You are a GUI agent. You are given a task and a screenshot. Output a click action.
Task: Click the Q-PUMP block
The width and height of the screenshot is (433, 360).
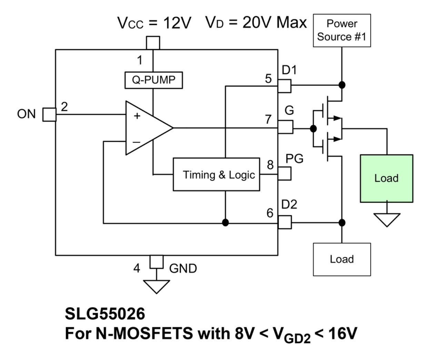click(x=153, y=80)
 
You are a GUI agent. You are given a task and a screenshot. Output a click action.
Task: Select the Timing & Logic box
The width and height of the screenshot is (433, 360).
click(x=216, y=174)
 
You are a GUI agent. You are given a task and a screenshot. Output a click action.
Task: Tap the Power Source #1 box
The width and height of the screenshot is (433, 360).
click(x=342, y=30)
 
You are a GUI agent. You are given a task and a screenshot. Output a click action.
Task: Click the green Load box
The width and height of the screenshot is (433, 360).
click(x=386, y=178)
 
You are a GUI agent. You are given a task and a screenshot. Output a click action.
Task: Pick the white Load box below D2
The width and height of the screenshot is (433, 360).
click(x=342, y=259)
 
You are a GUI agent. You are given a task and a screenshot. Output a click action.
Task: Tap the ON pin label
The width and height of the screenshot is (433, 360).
click(x=26, y=114)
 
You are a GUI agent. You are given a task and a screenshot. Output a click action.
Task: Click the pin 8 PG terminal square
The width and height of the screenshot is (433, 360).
click(x=284, y=173)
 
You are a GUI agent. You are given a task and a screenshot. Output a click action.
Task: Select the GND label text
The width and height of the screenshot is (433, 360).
click(x=183, y=268)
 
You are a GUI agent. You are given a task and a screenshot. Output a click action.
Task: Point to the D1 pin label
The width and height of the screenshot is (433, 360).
click(x=289, y=70)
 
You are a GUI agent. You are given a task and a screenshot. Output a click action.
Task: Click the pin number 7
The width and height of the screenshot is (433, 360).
click(x=269, y=119)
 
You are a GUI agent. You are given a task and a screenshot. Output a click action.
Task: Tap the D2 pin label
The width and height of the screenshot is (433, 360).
click(x=289, y=205)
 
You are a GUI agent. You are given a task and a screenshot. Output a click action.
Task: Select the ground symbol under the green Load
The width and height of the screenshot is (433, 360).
click(x=386, y=219)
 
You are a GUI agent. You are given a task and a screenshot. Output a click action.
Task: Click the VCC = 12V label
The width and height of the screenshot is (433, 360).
click(x=154, y=23)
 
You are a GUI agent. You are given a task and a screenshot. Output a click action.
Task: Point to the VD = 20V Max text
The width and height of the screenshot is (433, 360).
click(x=256, y=23)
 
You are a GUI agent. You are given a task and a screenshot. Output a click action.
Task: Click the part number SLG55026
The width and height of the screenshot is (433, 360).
click(x=105, y=314)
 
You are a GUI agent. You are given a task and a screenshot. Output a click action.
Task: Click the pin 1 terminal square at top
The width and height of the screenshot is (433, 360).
click(x=153, y=43)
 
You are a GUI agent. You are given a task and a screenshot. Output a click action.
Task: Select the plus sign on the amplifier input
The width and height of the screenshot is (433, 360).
click(x=137, y=116)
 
